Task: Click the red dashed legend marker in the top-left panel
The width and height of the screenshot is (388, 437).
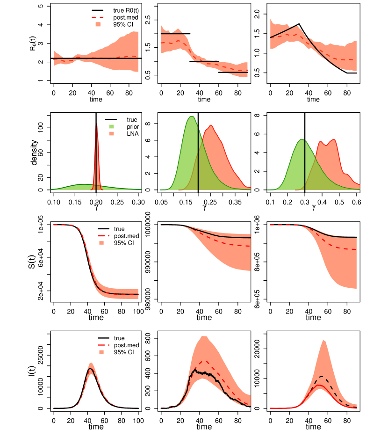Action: pos(97,17)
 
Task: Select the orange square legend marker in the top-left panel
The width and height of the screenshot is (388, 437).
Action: pos(98,24)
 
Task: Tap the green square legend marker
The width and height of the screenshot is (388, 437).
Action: pos(112,126)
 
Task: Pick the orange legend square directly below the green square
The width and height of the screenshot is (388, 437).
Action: pos(112,134)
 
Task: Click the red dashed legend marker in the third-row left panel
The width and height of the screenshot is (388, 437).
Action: pos(103,236)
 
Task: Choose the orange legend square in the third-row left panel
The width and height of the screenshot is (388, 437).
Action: pos(101,243)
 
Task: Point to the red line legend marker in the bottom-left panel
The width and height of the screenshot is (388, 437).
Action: pos(103,345)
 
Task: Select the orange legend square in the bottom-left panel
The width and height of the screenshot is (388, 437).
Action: pos(101,352)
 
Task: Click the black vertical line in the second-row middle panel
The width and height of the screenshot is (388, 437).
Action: pos(198,159)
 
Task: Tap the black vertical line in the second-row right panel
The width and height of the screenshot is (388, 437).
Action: pos(305,164)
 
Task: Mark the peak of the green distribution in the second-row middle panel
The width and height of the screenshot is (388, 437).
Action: pos(192,117)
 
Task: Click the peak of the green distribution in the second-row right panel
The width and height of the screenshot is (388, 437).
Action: pos(302,139)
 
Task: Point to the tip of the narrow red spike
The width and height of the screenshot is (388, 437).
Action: pos(97,124)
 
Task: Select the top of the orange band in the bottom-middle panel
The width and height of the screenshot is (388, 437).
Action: pos(204,336)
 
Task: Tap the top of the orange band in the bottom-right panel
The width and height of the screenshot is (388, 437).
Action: pos(323,340)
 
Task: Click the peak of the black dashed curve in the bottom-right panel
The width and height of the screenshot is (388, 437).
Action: pos(321,376)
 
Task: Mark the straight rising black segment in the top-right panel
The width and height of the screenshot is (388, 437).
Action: pos(283,32)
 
